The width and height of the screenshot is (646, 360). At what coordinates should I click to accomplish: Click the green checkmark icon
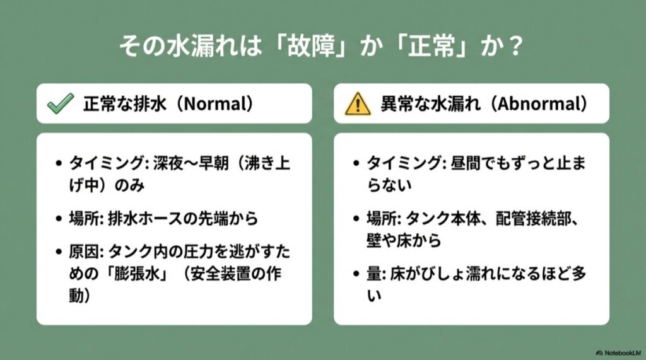[61, 104]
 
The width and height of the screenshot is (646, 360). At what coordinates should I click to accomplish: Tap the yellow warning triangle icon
[357, 104]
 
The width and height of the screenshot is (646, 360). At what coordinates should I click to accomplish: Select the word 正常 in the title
[436, 48]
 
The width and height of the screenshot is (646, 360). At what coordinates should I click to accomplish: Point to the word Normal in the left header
[214, 104]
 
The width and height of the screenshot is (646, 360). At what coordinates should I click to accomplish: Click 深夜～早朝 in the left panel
[182, 163]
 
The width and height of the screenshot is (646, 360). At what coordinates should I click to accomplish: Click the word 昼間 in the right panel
[467, 163]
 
